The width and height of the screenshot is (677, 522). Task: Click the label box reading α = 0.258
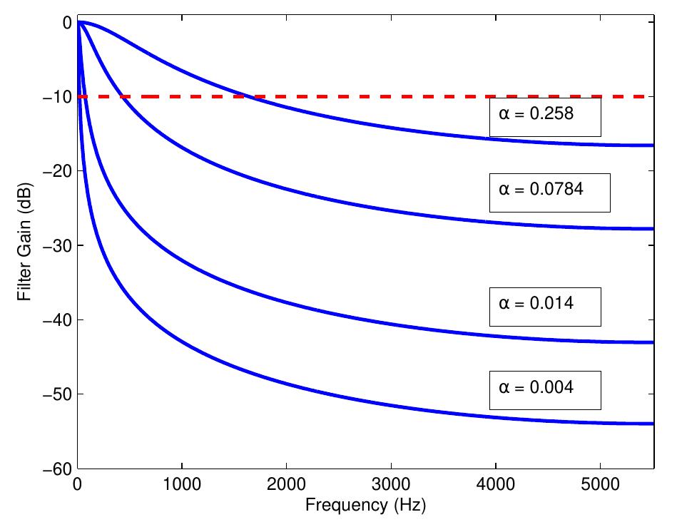click(x=544, y=117)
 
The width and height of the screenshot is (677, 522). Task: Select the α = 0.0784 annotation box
click(x=549, y=192)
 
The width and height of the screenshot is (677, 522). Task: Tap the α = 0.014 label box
click(x=544, y=307)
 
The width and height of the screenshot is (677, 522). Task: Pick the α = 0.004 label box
click(x=544, y=390)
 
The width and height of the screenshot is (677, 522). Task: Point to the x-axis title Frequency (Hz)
click(x=367, y=506)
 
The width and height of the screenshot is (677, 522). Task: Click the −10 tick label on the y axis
click(x=58, y=96)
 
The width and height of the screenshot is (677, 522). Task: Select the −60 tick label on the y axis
click(x=58, y=469)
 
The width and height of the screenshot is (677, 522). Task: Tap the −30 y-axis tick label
click(x=58, y=245)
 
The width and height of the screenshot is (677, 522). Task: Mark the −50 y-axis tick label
click(x=58, y=394)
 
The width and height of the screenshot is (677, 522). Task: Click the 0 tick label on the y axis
click(x=66, y=22)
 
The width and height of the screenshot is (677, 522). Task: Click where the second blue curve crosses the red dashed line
click(x=122, y=96)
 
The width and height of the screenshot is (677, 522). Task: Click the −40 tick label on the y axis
click(x=58, y=319)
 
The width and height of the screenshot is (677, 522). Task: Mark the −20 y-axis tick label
click(x=58, y=171)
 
